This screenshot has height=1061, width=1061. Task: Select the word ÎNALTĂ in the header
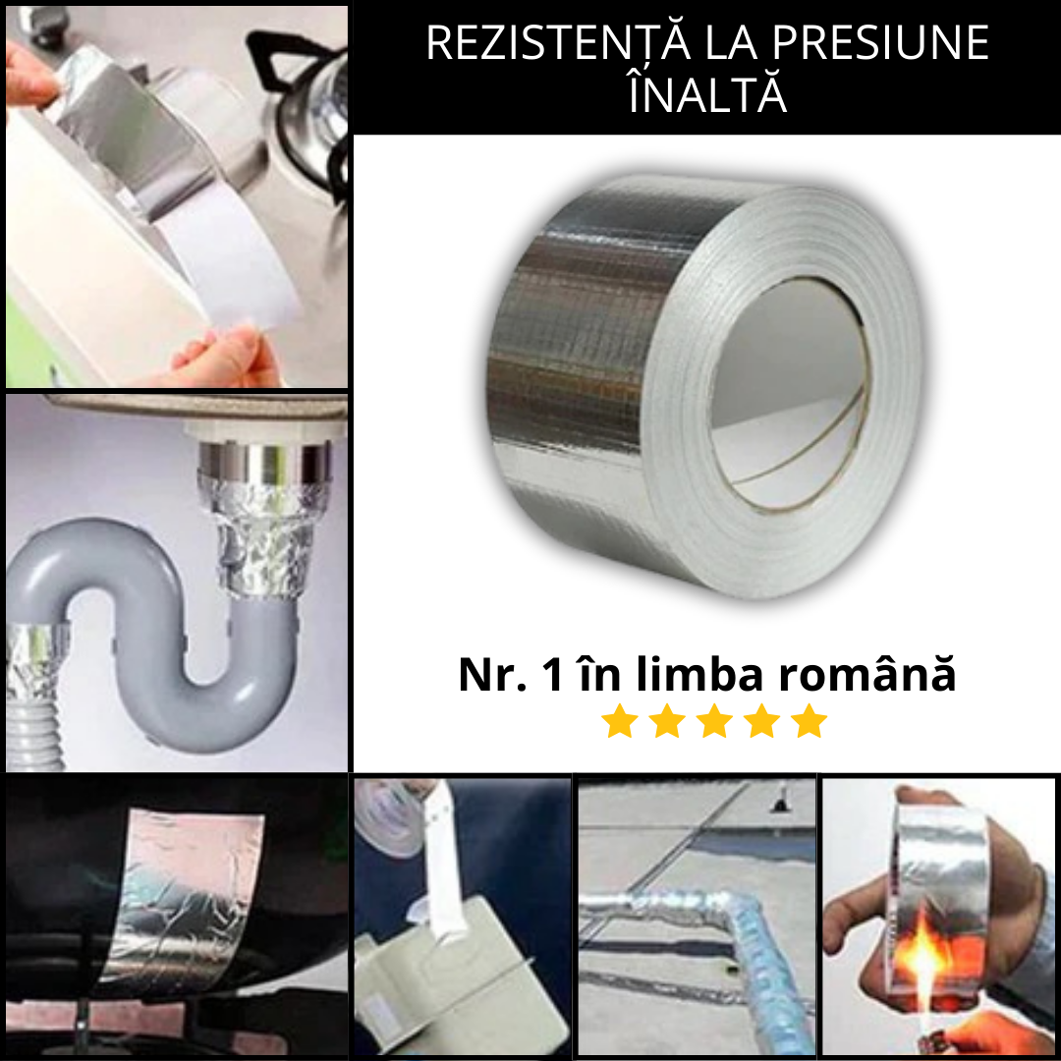[x=707, y=96]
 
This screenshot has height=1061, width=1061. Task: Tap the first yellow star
[x=620, y=722]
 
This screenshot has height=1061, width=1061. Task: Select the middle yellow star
[x=714, y=722]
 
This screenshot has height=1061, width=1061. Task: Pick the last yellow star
[x=809, y=722]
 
